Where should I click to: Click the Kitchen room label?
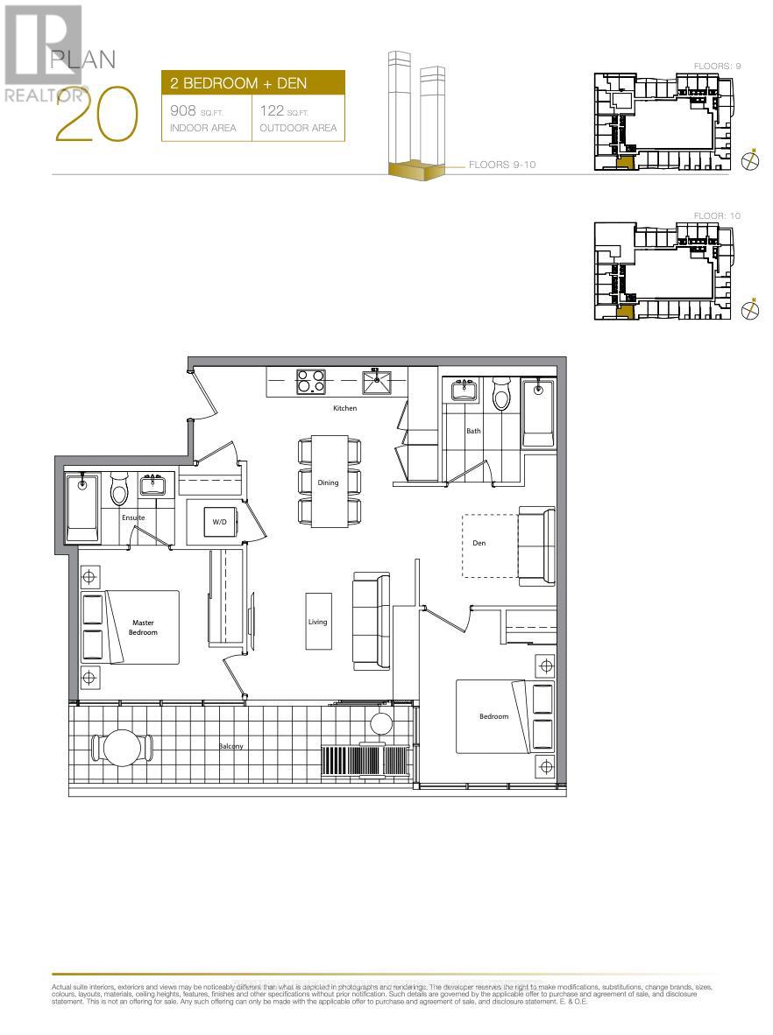pos(343,409)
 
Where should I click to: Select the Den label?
pos(479,543)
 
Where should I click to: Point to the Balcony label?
pos(231,746)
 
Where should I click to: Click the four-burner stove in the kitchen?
pos(309,382)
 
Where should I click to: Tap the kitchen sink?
pos(378,382)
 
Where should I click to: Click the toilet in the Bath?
pos(501,395)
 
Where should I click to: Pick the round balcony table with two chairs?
pos(122,747)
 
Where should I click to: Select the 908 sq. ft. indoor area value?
pos(186,111)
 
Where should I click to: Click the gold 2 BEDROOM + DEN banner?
pos(252,84)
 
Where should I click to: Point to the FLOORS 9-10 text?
pos(501,165)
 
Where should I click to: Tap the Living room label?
pos(317,622)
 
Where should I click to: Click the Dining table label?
pos(328,482)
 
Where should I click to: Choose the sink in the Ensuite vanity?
pos(154,484)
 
